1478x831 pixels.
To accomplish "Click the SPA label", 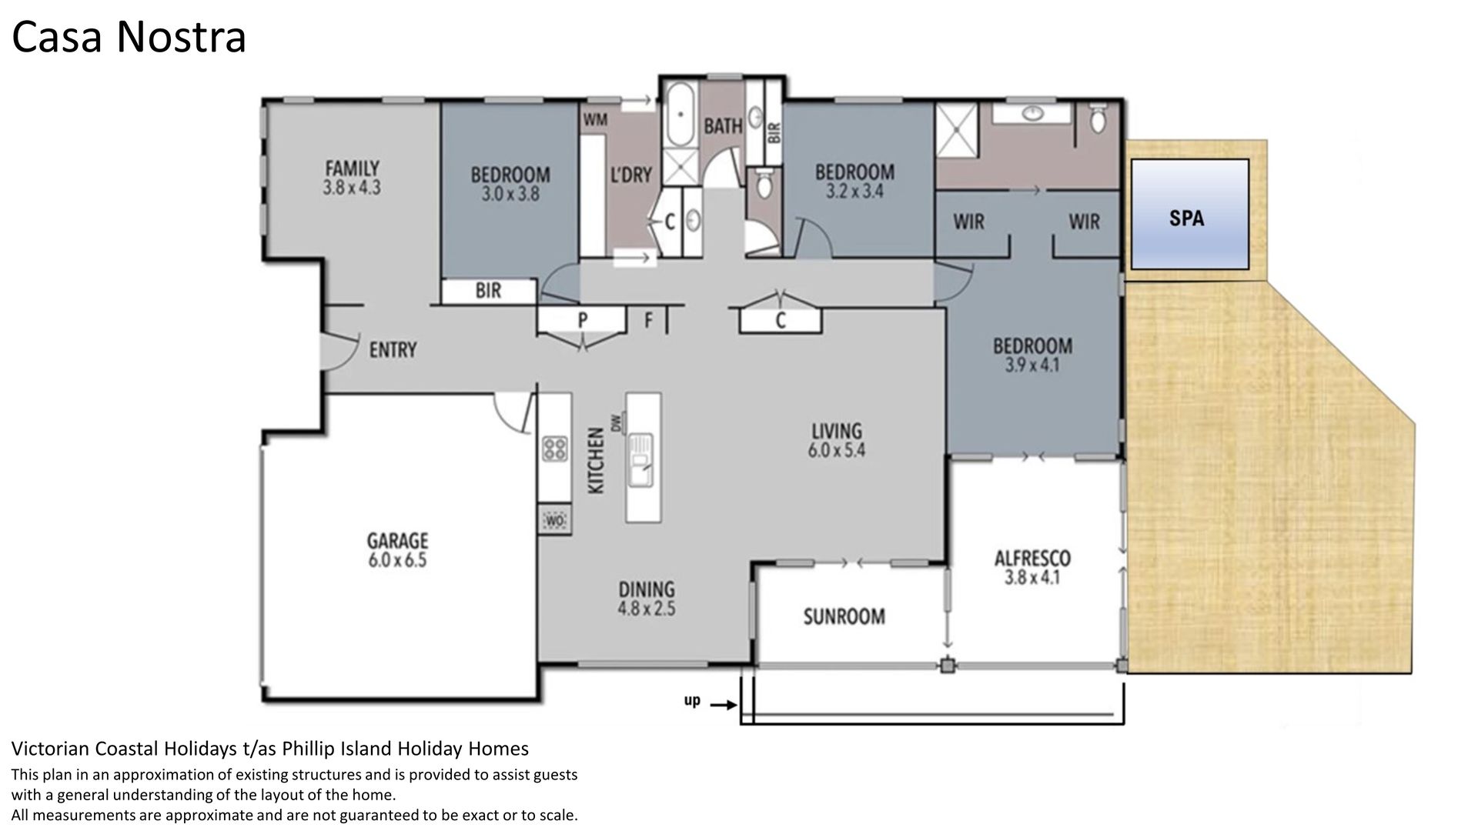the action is pos(1186,219).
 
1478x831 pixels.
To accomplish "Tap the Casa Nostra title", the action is pos(129,37).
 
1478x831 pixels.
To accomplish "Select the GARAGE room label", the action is pos(397,540).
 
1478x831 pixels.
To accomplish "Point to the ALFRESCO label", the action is pos(1032,557).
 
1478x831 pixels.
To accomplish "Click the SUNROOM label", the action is pos(844,616).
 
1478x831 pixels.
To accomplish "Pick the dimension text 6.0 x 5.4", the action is pos(837,450).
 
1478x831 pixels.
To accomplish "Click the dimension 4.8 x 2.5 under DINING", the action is pos(647,609).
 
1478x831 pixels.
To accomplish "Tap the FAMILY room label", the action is pos(352,168).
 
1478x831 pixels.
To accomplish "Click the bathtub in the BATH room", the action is pos(680,115).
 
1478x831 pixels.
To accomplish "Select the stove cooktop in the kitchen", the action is pos(555,449).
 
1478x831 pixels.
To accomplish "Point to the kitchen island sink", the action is pos(640,460).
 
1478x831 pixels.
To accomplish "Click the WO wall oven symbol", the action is pos(555,522).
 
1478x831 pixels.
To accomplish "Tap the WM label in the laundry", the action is pos(595,120).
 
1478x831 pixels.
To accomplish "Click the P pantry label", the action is pos(583,319).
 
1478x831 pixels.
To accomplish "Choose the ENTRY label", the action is pos(393,350).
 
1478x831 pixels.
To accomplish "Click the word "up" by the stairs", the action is pos(692,702).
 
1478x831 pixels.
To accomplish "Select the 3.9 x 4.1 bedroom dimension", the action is pos(1032,365).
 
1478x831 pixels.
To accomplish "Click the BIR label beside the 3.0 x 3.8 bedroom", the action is pos(488,291).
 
